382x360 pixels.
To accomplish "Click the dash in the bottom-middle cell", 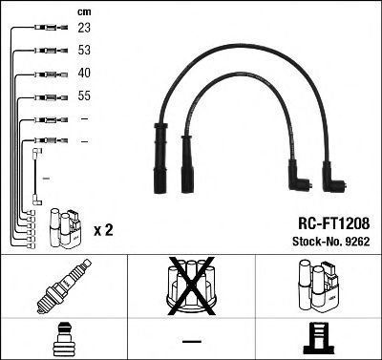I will pos(192,340).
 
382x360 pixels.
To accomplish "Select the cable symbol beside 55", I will pos(46,96).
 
